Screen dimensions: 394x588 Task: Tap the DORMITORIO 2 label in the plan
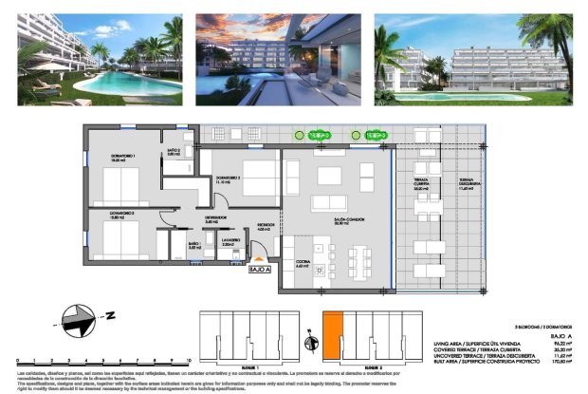[229, 179]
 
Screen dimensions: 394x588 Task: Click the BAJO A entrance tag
[260, 270]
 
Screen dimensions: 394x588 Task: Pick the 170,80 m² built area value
[559, 362]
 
